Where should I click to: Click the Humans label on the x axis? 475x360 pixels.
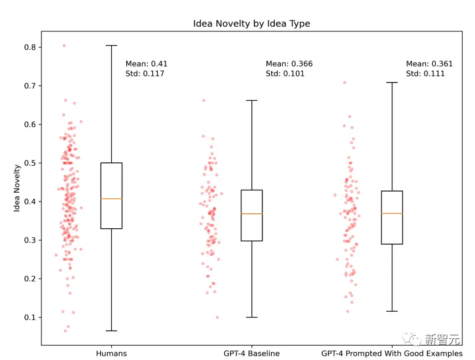pyautogui.click(x=111, y=353)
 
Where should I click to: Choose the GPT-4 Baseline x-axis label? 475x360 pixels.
pyautogui.click(x=252, y=353)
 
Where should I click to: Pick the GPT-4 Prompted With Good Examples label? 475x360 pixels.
pyautogui.click(x=392, y=353)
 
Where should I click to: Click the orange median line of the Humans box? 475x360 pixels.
pyautogui.click(x=111, y=198)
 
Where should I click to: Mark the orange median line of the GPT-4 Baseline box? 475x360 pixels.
pyautogui.click(x=252, y=214)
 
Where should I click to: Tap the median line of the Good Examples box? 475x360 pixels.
pyautogui.click(x=392, y=213)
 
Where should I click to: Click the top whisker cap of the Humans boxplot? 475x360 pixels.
pyautogui.click(x=111, y=45)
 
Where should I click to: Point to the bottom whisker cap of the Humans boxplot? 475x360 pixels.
pyautogui.click(x=111, y=331)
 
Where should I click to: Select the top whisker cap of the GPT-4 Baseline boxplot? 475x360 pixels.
pyautogui.click(x=252, y=100)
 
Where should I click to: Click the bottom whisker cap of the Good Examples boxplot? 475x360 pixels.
pyautogui.click(x=392, y=311)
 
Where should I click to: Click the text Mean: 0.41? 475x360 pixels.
pyautogui.click(x=146, y=64)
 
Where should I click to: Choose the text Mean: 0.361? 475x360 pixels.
pyautogui.click(x=429, y=64)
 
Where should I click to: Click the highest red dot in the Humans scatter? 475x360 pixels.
pyautogui.click(x=64, y=45)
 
